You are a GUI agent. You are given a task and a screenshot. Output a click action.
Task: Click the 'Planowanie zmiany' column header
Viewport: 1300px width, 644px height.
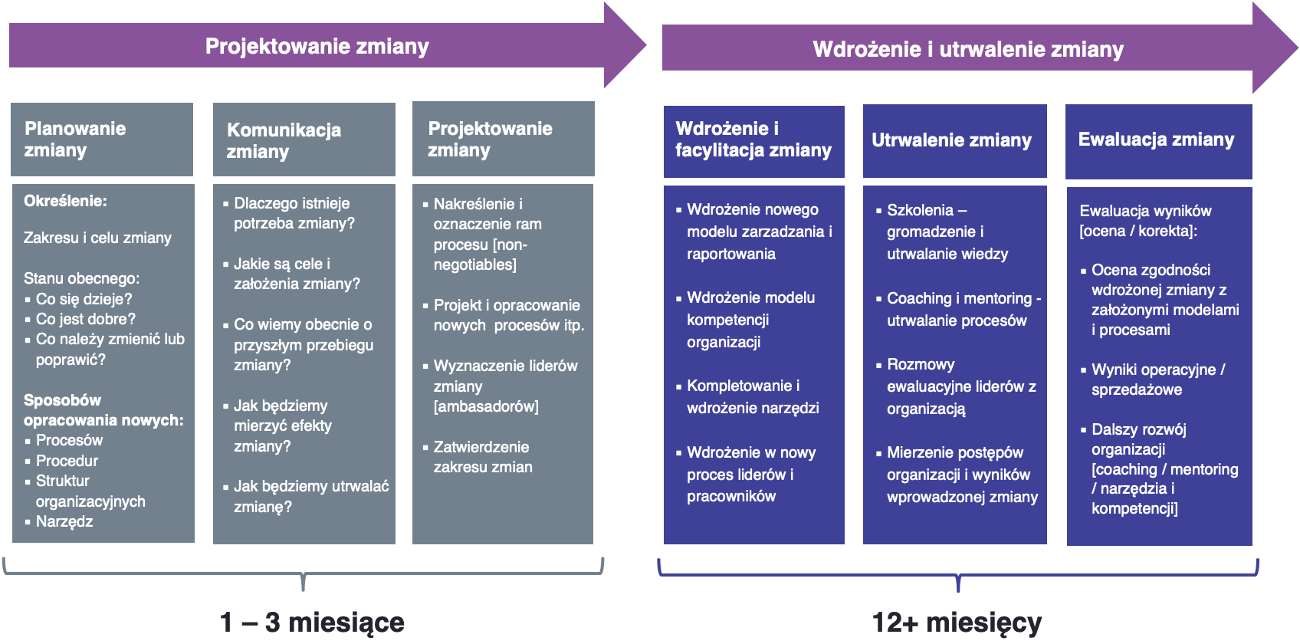pyautogui.click(x=101, y=140)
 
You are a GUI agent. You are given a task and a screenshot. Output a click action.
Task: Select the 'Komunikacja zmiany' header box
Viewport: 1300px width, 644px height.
pyautogui.click(x=304, y=140)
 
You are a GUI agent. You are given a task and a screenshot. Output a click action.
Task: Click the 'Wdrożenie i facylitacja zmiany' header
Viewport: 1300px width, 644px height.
pyautogui.click(x=753, y=140)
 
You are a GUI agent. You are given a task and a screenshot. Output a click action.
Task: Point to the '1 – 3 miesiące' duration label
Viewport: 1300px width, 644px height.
pyautogui.click(x=312, y=622)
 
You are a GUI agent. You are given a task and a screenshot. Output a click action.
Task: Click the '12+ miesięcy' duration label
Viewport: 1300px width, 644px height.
pyautogui.click(x=957, y=622)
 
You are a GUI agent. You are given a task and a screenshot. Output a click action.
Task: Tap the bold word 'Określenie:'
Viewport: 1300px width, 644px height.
pyautogui.click(x=65, y=201)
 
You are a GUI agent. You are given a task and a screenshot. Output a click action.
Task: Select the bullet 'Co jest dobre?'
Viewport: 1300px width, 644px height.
pyautogui.click(x=85, y=319)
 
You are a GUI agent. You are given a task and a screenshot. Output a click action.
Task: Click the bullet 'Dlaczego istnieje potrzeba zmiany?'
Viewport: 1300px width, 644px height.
pyautogui.click(x=294, y=213)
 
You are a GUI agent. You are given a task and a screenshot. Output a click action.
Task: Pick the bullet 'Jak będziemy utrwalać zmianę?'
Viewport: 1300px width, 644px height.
pyautogui.click(x=310, y=496)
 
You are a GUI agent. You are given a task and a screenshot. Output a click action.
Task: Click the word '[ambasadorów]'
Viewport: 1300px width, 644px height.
pyautogui.click(x=486, y=406)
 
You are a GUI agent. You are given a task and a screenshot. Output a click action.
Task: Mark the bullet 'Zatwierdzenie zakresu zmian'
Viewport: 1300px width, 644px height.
pyautogui.click(x=482, y=457)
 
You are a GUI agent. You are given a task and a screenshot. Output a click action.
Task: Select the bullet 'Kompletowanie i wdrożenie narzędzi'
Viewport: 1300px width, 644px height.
pyautogui.click(x=752, y=396)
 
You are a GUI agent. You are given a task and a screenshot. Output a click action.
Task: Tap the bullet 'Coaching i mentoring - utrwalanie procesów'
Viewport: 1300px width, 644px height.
pyautogui.click(x=963, y=309)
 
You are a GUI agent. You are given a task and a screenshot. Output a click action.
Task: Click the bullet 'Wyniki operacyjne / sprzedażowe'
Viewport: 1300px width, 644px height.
pyautogui.click(x=1157, y=379)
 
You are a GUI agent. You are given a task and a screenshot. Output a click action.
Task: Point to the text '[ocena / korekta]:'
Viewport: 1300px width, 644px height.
pyautogui.click(x=1137, y=231)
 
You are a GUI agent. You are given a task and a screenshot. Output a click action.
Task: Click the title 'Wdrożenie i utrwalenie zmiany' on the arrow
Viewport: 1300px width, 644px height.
pyautogui.click(x=967, y=50)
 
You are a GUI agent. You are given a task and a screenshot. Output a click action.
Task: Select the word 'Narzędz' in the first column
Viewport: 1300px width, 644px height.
pyautogui.click(x=64, y=521)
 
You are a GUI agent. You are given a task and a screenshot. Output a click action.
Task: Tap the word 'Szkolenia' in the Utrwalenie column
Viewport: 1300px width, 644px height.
pyautogui.click(x=920, y=210)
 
